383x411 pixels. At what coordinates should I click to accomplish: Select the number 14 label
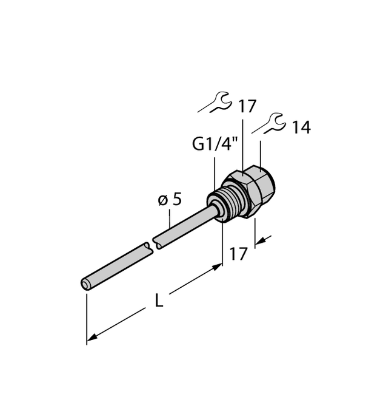pyautogui.click(x=301, y=127)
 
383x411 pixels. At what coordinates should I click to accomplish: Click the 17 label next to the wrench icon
pyautogui.click(x=247, y=107)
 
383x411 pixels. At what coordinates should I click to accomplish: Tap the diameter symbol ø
pyautogui.click(x=162, y=200)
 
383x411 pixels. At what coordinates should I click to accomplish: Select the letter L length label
pyautogui.click(x=159, y=301)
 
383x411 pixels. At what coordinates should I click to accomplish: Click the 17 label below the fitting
pyautogui.click(x=239, y=253)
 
